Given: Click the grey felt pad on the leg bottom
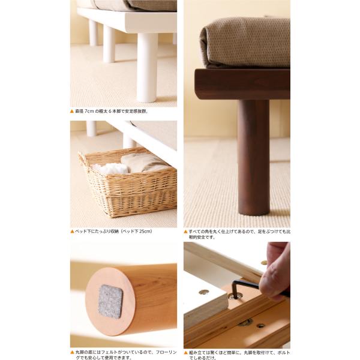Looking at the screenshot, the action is click(x=110, y=301).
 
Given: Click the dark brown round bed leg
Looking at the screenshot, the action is click(x=253, y=157).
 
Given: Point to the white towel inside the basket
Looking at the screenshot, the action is click(x=112, y=168).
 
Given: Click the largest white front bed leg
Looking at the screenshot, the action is click(x=147, y=67).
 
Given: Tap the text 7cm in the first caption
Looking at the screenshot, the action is click(x=89, y=112).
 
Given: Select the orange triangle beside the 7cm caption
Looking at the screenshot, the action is click(x=72, y=112).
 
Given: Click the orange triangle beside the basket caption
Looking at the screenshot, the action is click(x=72, y=232).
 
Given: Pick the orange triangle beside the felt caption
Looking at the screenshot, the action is click(x=72, y=352).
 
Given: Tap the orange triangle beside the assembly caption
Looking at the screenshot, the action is click(x=186, y=352).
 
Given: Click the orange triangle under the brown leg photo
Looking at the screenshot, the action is click(x=186, y=232).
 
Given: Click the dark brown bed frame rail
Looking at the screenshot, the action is click(x=242, y=84).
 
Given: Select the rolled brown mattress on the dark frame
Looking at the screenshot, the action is click(x=245, y=43).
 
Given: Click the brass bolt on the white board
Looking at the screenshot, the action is click(x=203, y=292).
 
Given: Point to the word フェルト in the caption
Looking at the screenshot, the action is click(x=110, y=352).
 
